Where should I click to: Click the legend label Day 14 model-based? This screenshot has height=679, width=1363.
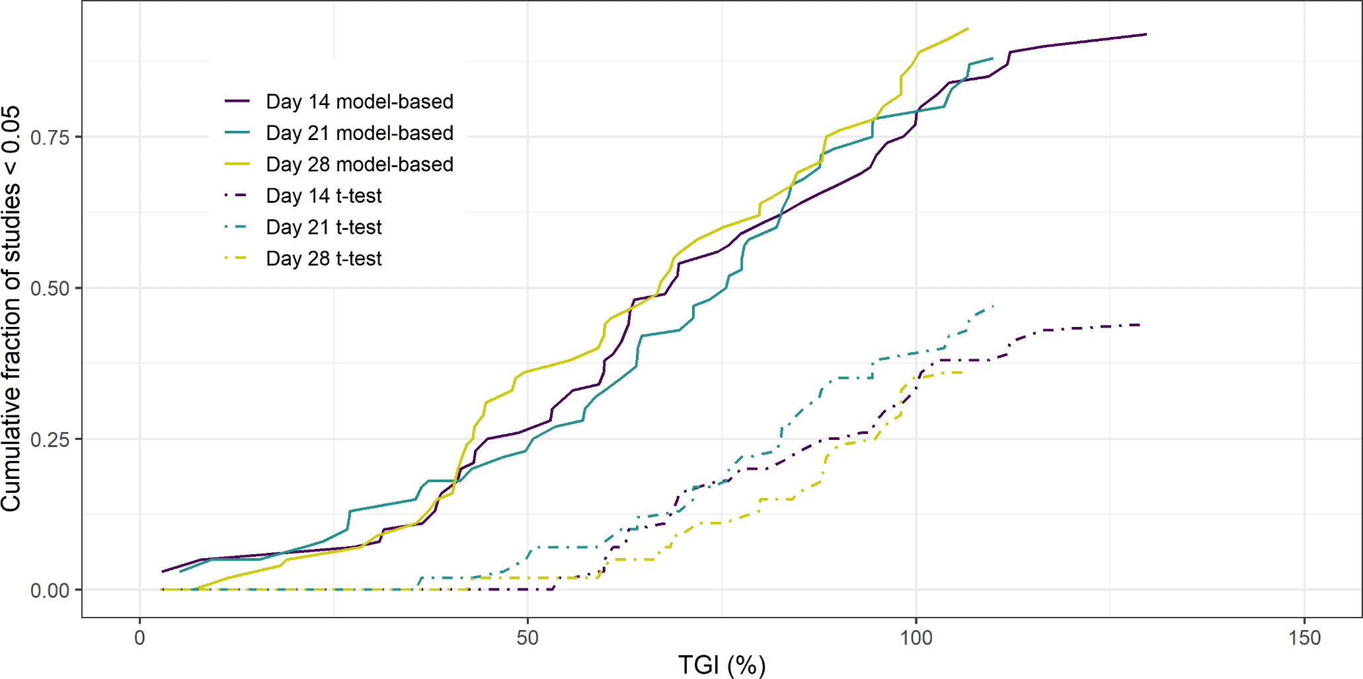359,102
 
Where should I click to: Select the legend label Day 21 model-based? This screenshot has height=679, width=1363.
359,133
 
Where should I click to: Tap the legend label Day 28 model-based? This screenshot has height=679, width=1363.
359,164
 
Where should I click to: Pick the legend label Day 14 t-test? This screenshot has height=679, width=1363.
323,196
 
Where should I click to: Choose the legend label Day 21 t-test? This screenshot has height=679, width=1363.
323,227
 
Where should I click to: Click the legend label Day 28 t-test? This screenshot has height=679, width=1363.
323,258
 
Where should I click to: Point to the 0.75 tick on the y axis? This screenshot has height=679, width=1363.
50,137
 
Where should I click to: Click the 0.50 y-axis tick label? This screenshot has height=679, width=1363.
50,289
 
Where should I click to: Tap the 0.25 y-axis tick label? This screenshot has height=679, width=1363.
50,439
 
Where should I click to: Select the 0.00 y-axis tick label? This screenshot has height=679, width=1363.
50,590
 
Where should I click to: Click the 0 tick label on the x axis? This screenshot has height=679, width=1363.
139,638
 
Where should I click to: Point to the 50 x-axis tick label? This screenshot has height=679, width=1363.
527,638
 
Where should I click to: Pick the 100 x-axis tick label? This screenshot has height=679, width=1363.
916,638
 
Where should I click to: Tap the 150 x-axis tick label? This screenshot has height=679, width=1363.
1304,638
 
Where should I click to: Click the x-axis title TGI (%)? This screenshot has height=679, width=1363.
722,664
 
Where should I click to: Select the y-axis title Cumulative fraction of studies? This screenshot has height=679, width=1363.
12,308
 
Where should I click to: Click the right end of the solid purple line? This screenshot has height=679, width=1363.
1146,34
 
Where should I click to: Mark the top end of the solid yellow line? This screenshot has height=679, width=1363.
968,28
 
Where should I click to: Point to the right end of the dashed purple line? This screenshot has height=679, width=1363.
1140,325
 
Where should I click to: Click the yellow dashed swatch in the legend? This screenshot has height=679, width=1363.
237,258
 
